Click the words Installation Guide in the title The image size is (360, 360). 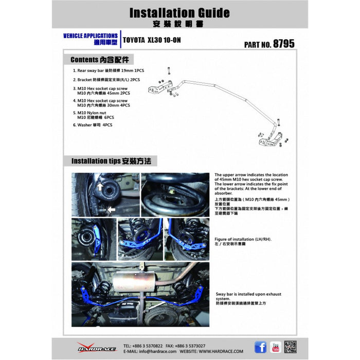179,12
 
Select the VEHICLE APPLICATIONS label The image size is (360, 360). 90,36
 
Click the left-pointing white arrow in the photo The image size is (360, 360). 110,209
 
